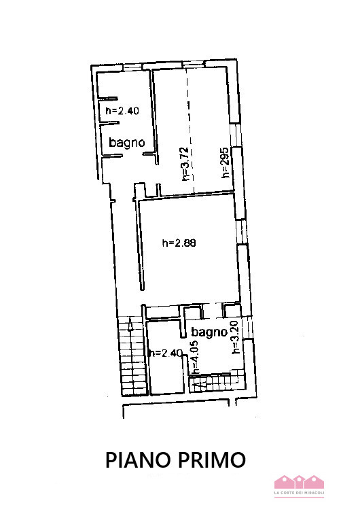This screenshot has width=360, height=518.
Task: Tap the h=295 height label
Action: point(225,163)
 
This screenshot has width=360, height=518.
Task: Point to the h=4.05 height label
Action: point(194,358)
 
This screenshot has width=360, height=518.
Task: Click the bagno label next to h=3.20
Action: point(209,332)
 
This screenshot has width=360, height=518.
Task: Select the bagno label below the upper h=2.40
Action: point(127,143)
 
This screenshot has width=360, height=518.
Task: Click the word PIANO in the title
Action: point(140,460)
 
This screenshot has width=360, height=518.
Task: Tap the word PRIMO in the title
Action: point(213,460)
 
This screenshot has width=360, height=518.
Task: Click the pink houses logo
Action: point(298,482)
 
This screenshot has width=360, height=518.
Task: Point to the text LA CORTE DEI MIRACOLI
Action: point(298,492)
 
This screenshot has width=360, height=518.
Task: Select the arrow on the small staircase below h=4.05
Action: point(198,385)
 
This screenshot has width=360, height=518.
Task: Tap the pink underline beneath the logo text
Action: point(298,497)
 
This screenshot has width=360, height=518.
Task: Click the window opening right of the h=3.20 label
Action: point(249,329)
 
